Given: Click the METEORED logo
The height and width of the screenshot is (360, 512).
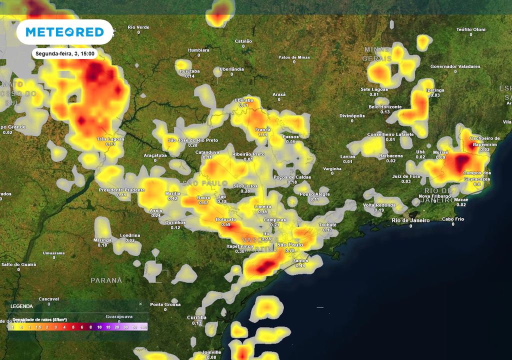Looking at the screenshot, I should (x=64, y=32).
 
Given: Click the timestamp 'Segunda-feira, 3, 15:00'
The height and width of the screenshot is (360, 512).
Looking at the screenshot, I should (x=64, y=52).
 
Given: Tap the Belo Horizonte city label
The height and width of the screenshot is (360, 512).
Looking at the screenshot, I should (x=385, y=107).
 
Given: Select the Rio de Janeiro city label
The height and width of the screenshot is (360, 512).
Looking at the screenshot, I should (x=411, y=220).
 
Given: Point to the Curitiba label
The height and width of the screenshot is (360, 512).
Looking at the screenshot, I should (x=196, y=317).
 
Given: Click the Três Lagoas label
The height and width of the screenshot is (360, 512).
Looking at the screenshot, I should (x=110, y=138).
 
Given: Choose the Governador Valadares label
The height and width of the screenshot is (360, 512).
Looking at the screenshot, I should (x=455, y=66).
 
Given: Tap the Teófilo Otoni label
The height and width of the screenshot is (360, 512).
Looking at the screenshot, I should (x=470, y=29).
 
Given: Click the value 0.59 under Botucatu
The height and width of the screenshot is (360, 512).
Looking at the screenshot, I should (x=225, y=225).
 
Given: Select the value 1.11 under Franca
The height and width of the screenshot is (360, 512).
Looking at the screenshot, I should (x=263, y=135).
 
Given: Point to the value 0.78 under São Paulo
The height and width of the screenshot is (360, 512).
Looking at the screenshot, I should (x=289, y=250).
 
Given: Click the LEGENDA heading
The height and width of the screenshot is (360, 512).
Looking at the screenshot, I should (x=22, y=306).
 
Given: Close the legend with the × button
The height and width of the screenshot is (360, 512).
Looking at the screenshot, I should (x=140, y=303).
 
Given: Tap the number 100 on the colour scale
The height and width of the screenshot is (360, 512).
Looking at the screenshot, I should (x=143, y=327).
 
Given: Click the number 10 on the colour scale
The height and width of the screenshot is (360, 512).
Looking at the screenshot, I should (x=99, y=327).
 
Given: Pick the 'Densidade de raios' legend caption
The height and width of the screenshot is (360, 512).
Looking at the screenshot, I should (x=40, y=319).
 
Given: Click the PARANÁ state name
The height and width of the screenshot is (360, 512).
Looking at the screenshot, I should (x=106, y=280).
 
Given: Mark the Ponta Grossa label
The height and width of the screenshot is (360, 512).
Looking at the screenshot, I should (x=165, y=304).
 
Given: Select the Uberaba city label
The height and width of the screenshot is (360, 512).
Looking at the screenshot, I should (x=244, y=100).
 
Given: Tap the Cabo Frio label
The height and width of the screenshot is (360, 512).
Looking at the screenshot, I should (x=453, y=219).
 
